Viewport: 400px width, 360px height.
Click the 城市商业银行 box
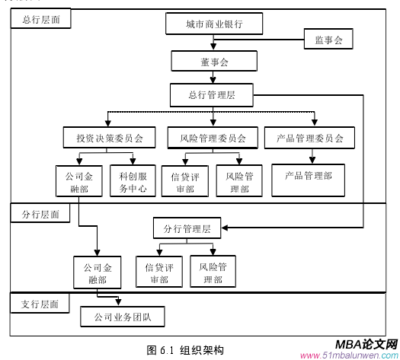[214, 24]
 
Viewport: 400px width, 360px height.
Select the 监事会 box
[328, 40]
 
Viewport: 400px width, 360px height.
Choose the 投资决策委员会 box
[109, 138]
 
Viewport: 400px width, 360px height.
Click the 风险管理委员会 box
[213, 138]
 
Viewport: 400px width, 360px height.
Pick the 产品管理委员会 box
[309, 138]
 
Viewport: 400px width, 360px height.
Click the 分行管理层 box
[191, 228]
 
